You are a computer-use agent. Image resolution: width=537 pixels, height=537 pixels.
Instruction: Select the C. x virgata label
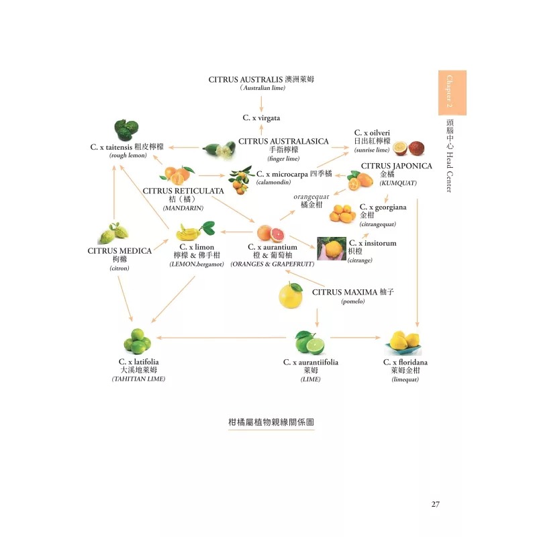(261, 117)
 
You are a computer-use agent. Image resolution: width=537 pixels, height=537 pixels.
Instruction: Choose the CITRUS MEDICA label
(119, 251)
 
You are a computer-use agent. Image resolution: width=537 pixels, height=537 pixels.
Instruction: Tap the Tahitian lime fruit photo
(139, 341)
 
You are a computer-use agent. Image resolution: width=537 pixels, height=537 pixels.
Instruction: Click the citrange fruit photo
(331, 248)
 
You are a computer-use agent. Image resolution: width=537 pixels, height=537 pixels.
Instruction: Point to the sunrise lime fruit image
(408, 147)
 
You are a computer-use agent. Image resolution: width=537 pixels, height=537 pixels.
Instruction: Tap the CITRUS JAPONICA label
(396, 166)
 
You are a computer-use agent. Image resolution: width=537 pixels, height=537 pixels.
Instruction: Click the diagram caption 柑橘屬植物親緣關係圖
(271, 422)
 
